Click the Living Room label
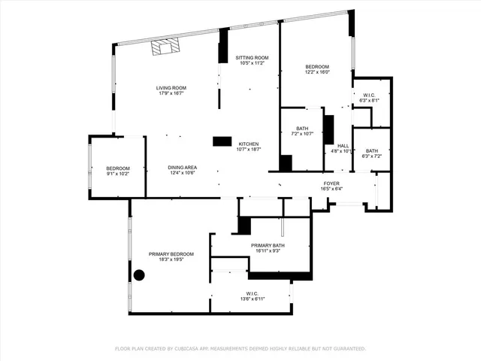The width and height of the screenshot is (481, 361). point(171,88)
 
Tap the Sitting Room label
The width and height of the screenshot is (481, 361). point(252,58)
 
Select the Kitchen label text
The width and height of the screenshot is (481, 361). point(249,144)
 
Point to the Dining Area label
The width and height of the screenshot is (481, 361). point(182,167)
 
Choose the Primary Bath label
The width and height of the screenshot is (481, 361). point(268,245)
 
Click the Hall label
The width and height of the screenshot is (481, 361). point(343,146)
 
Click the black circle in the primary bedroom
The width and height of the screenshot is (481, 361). point(139,275)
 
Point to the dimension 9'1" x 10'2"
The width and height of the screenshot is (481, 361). point(118,174)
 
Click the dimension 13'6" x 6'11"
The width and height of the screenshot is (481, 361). point(252,299)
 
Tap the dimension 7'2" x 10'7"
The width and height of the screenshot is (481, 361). point(302,134)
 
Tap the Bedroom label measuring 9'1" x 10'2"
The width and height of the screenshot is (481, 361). point(118,168)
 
